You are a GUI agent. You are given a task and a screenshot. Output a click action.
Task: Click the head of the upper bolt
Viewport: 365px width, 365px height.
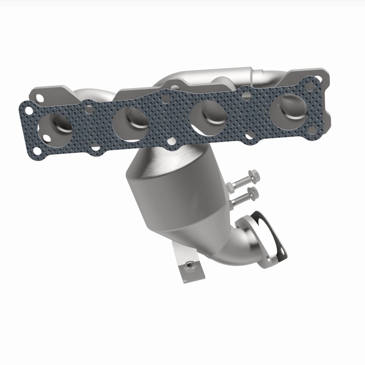click(x=255, y=175)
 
